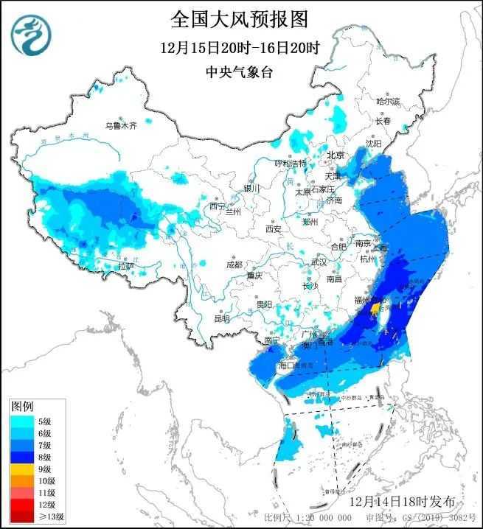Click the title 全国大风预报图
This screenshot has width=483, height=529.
click(x=239, y=18)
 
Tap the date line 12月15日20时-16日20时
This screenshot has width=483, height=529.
click(x=239, y=49)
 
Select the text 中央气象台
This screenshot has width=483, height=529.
click(x=239, y=72)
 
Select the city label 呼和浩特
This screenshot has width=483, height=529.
click(x=290, y=163)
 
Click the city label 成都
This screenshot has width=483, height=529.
click(x=234, y=264)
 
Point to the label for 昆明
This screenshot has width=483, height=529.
click(x=221, y=318)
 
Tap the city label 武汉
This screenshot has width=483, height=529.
click(x=319, y=262)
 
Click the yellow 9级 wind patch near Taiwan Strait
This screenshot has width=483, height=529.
click(x=375, y=308)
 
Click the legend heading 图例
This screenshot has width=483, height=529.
click(x=21, y=406)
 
